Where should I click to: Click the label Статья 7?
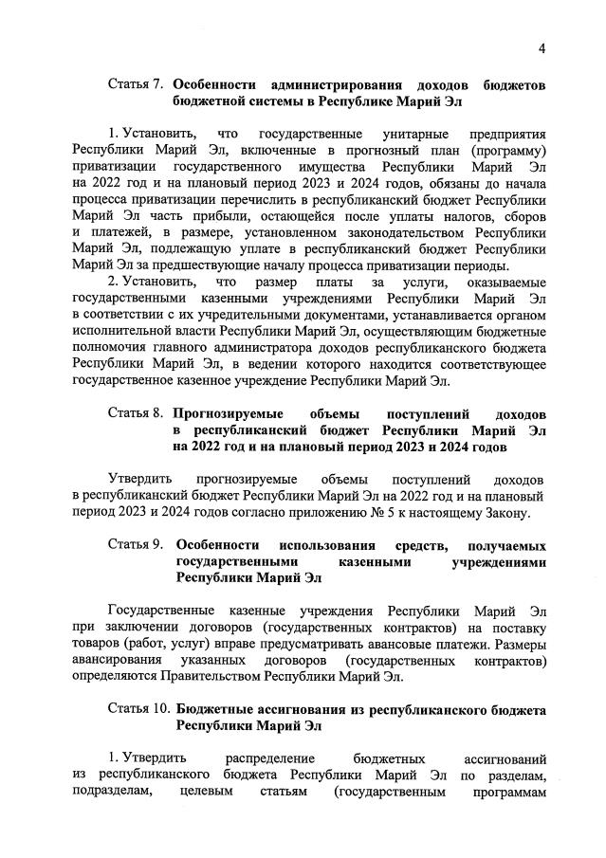click(135, 85)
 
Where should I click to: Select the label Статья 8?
click(135, 415)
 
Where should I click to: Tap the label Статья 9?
click(135, 546)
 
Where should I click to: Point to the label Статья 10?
click(138, 710)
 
